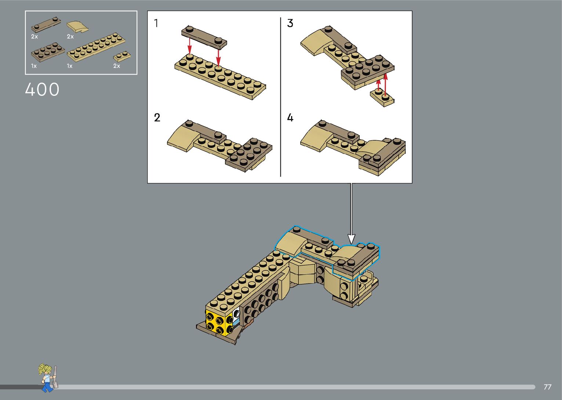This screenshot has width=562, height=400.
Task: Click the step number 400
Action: [42, 90]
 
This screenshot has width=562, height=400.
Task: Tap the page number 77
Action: [548, 387]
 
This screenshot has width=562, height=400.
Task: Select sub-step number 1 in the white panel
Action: [156, 23]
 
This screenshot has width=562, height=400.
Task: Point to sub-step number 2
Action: [157, 118]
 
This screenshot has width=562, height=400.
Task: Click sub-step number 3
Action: [290, 23]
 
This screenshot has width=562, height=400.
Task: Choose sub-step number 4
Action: [290, 118]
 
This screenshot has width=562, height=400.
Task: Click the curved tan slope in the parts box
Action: [77, 26]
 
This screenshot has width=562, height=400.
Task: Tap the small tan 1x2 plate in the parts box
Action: [122, 56]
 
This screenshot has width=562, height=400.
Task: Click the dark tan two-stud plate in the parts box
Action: [46, 25]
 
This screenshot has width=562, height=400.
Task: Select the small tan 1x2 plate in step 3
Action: [382, 97]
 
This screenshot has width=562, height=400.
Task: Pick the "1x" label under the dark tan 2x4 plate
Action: [34, 66]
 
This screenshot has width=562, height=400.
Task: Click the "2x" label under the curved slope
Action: [70, 37]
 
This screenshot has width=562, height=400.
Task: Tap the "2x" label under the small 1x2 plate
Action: [117, 66]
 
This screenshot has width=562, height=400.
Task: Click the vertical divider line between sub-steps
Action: [280, 97]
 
